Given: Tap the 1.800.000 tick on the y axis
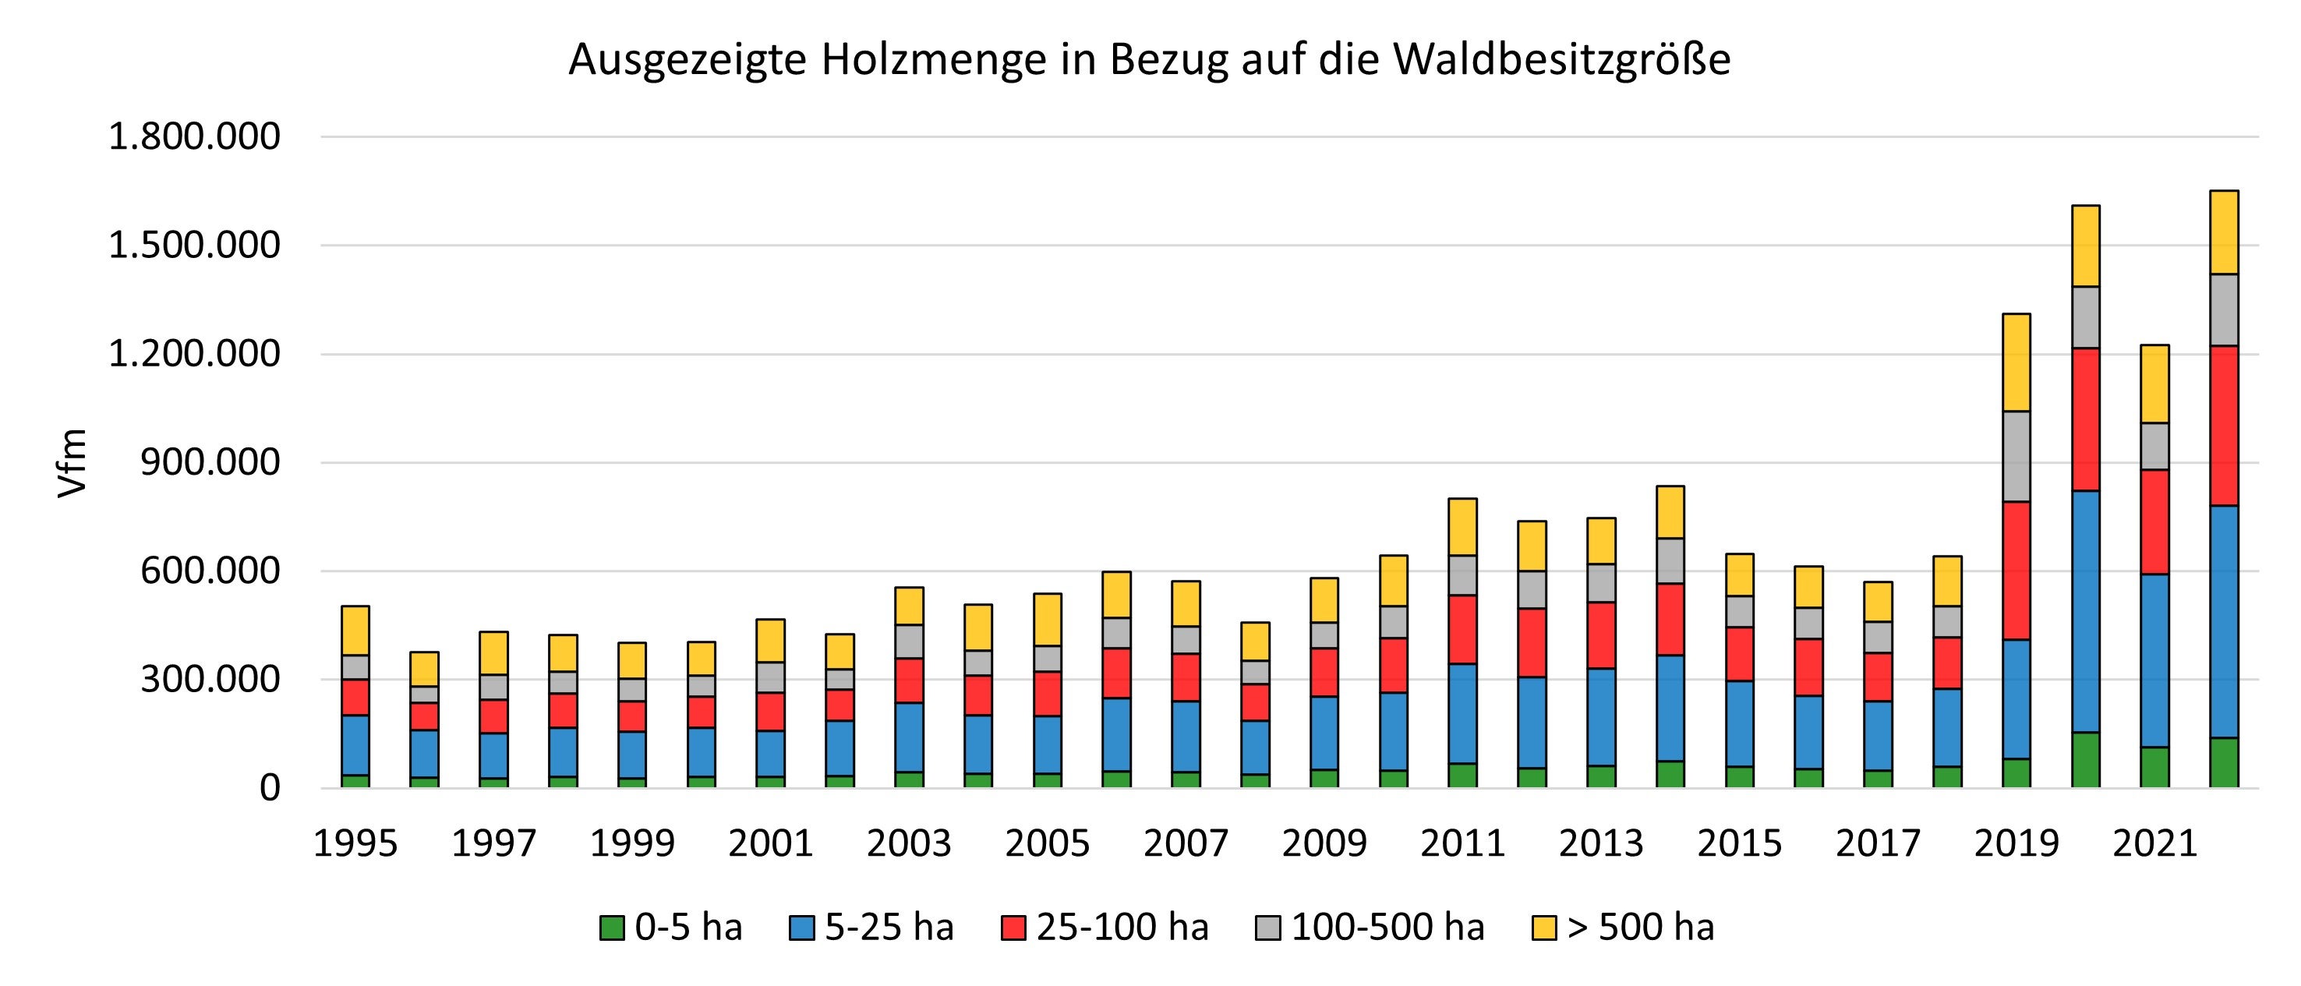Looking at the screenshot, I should (x=194, y=136).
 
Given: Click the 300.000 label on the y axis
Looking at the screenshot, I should (x=210, y=680).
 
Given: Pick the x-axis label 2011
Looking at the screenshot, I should (x=1462, y=843).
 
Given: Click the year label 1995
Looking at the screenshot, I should (x=355, y=843).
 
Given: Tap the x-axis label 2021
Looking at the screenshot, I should (x=2154, y=843).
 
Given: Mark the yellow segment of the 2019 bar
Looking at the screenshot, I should (x=2016, y=362).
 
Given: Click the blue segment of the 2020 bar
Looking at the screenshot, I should (x=2085, y=612).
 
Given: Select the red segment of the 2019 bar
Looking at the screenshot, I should (x=2016, y=570).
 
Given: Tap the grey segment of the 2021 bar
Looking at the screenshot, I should (x=2154, y=446).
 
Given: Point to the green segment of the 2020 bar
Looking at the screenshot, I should (x=2085, y=760).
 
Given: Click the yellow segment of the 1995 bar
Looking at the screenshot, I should (x=355, y=631).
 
